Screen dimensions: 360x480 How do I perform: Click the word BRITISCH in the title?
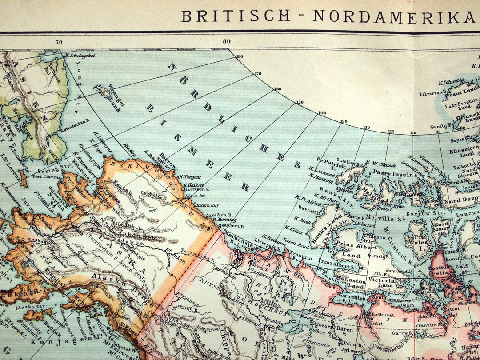pyautogui.click(x=236, y=16)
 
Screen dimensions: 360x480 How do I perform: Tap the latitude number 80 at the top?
pyautogui.click(x=227, y=41)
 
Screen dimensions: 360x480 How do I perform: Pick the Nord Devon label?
pyautogui.click(x=462, y=200)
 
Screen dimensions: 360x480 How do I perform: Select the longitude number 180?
pyautogui.click(x=240, y=56)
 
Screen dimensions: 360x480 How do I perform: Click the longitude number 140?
pyautogui.click(x=322, y=112)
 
